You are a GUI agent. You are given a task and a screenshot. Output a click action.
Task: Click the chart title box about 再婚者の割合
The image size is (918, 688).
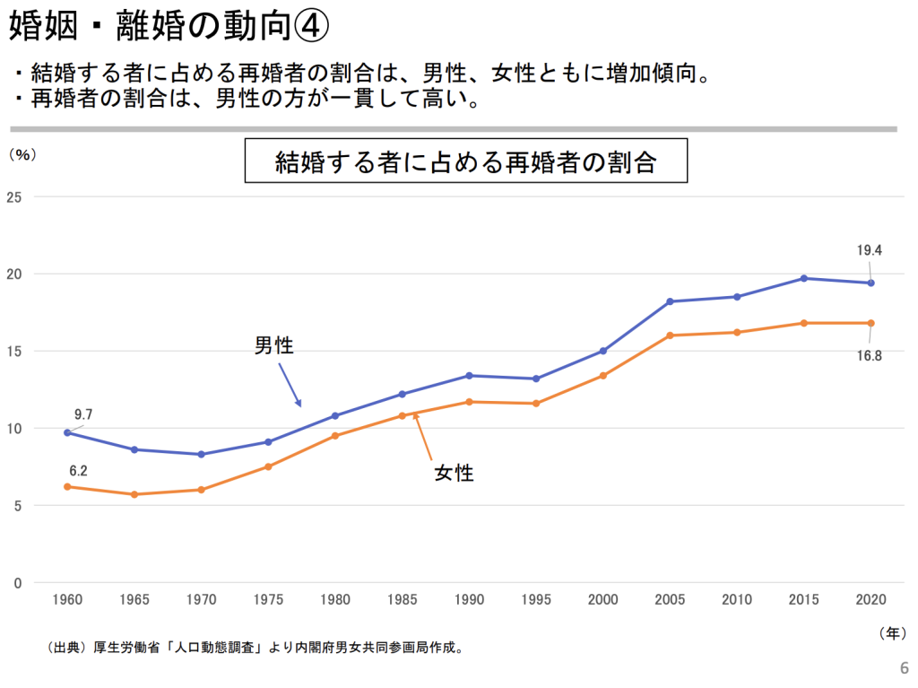[x=465, y=162]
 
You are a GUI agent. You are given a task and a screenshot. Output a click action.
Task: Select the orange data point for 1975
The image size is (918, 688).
[x=268, y=466]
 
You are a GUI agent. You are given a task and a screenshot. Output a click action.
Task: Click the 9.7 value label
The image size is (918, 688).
[x=83, y=414]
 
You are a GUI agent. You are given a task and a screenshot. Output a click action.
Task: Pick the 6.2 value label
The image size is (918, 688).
[x=78, y=470]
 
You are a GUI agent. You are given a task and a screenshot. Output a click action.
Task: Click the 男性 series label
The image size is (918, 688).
[x=274, y=345]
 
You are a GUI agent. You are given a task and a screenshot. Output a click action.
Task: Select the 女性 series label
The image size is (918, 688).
[x=454, y=473]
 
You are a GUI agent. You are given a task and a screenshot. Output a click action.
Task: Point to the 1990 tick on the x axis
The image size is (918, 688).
[x=468, y=597]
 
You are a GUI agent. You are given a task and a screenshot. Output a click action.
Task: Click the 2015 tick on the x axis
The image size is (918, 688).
[x=803, y=597]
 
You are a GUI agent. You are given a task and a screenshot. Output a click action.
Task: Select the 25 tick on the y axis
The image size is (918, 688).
[x=13, y=196]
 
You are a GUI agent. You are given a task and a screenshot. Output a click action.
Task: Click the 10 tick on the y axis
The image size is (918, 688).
[x=13, y=428]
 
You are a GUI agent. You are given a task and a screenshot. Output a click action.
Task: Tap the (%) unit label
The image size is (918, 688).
[x=22, y=154]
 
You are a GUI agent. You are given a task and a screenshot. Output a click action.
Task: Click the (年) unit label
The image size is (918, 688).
[x=891, y=632]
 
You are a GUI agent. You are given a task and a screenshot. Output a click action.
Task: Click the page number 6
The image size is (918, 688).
[x=903, y=667]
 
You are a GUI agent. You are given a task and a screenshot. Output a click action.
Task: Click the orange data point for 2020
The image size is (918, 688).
[x=870, y=323]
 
